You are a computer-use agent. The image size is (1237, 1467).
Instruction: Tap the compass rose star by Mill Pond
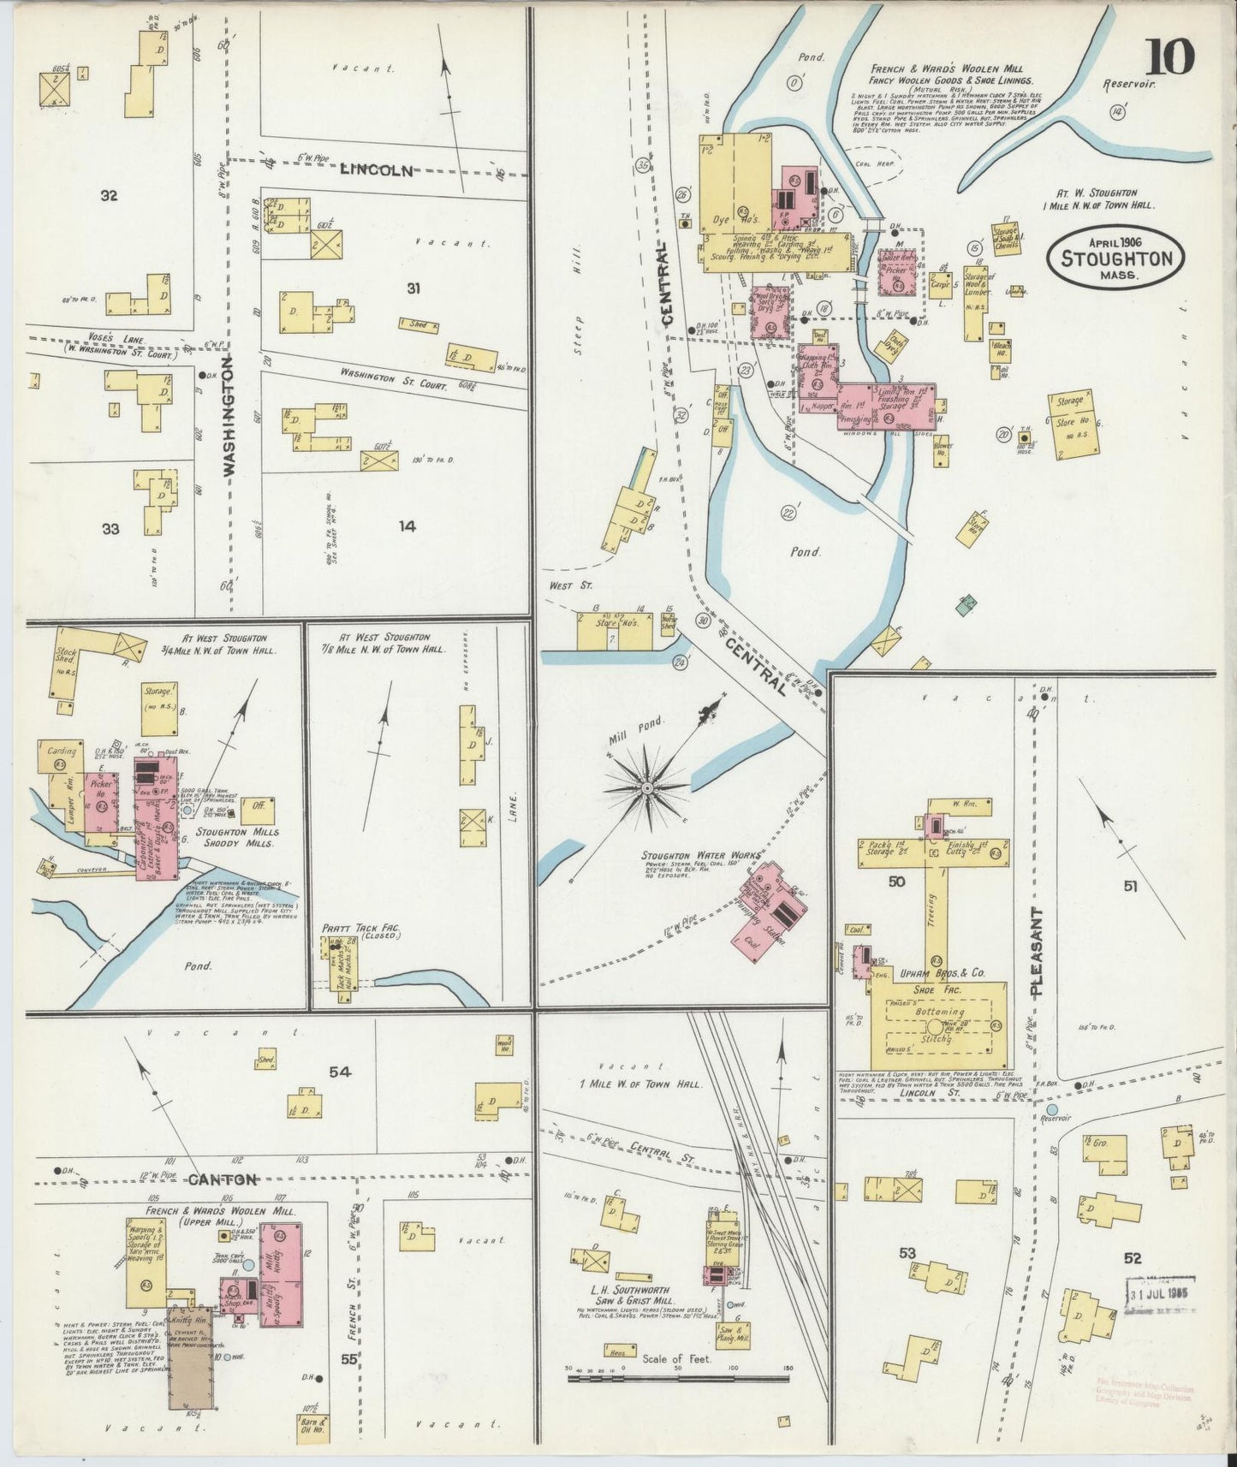tap(647, 785)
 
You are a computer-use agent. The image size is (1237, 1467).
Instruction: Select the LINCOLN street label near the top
tap(377, 169)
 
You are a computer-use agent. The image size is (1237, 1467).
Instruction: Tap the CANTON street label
tap(223, 1179)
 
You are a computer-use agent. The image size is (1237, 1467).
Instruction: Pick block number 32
tap(108, 196)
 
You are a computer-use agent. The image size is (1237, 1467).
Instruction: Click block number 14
tap(407, 527)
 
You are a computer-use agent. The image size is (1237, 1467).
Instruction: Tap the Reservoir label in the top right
tap(1130, 84)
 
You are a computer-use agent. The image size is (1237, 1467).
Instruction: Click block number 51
tap(1129, 886)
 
